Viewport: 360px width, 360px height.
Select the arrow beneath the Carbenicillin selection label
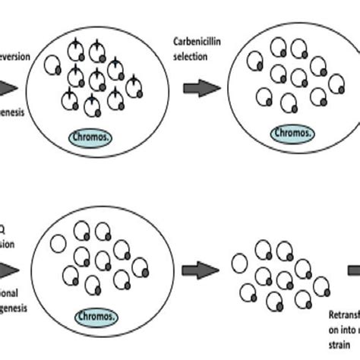pos(201,88)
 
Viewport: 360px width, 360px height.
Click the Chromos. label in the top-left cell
pos(92,138)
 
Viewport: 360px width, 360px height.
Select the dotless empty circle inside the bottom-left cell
pos(57,245)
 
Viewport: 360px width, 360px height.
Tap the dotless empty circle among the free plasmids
pos(239,263)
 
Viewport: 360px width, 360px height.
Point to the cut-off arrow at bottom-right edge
pos(354,269)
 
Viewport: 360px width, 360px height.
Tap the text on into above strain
pos(340,329)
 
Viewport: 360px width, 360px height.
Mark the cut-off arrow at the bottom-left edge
pos(8,269)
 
